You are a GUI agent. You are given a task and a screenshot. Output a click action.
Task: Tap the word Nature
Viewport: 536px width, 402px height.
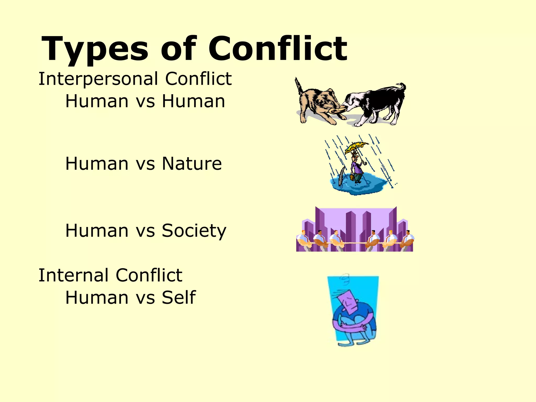[192, 164]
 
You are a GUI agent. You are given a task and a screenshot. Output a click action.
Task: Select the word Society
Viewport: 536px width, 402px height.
[194, 231]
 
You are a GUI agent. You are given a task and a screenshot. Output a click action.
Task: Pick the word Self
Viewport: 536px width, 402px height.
[179, 298]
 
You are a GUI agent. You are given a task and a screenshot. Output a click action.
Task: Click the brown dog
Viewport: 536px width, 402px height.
[317, 103]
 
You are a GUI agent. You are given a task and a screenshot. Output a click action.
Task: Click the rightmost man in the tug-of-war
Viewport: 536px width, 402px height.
[407, 239]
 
